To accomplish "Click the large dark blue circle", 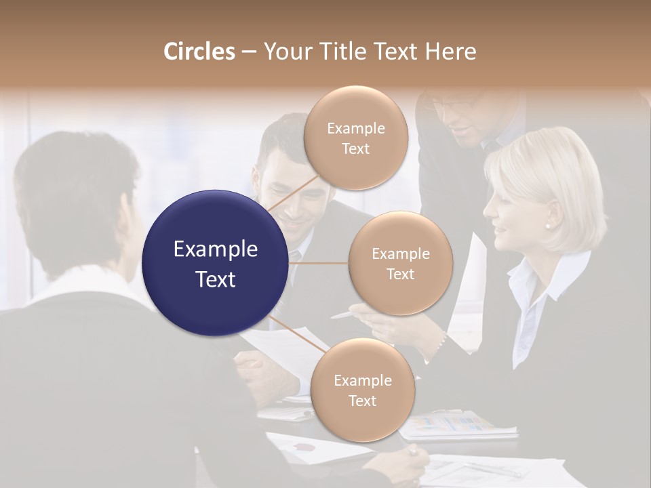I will (x=215, y=263).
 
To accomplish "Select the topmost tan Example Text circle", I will (x=355, y=138).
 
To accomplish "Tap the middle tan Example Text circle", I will (x=400, y=263).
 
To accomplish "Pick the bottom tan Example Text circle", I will (x=362, y=390).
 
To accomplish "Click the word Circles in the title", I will (x=199, y=52).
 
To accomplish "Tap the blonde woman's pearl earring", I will (x=548, y=225).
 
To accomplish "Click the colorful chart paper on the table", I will (x=451, y=424).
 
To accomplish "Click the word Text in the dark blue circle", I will (x=215, y=279).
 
